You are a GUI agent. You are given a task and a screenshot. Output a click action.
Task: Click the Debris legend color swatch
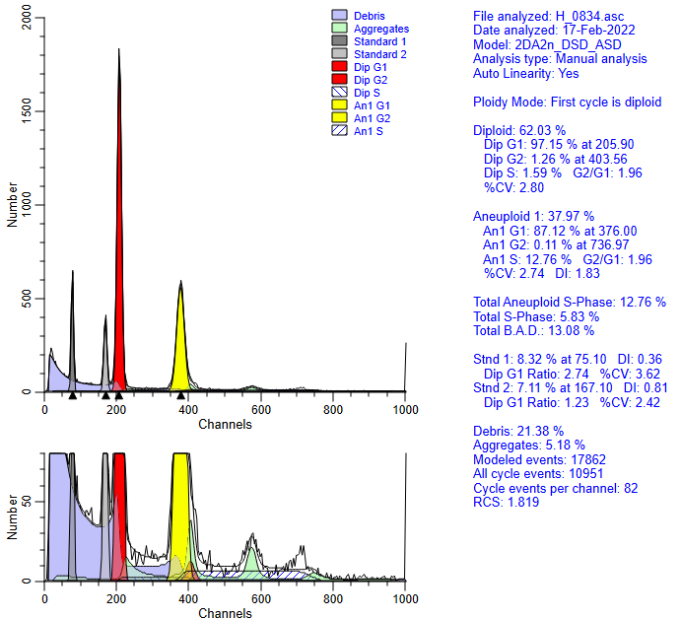[x=341, y=16]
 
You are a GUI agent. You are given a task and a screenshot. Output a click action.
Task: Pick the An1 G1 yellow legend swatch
[x=341, y=105]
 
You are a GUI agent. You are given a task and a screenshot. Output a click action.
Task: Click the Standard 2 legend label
[x=379, y=54]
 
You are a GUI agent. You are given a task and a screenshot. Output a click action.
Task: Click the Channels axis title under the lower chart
[x=225, y=613]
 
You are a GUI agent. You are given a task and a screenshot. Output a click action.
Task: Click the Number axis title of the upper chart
[x=12, y=205]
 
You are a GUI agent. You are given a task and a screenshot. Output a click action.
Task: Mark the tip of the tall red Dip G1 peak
[x=119, y=49]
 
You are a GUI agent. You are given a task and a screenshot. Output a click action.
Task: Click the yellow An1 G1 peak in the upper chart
[x=181, y=335]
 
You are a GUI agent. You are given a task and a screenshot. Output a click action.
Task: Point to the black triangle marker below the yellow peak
[x=181, y=395]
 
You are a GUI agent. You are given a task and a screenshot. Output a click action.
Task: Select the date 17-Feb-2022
[x=600, y=31]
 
